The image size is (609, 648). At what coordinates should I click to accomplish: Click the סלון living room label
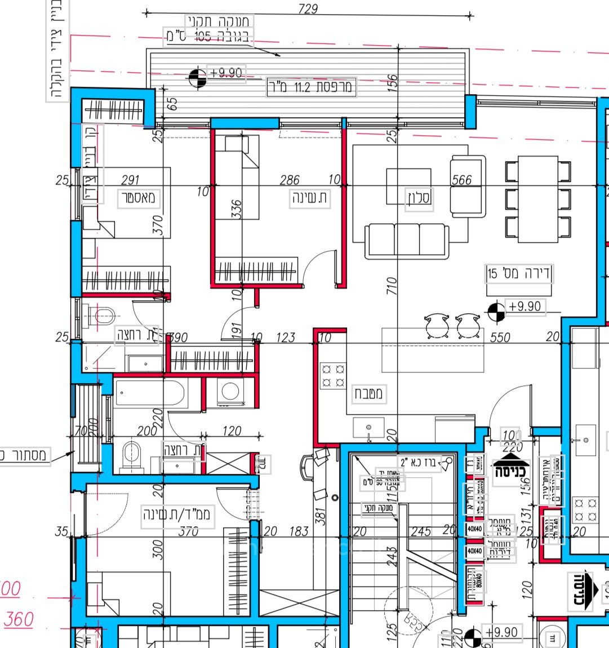pos(419,198)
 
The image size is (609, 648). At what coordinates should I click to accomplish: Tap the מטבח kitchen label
pos(367,393)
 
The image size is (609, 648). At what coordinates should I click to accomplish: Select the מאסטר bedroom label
pos(138,198)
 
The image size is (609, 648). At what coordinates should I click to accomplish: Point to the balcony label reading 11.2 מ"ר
pos(311,87)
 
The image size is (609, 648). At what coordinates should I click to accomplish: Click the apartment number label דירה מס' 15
pos(519,274)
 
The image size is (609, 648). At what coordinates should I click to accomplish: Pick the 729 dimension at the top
pos(307,9)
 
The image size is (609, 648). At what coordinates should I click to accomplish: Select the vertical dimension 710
pos(393,286)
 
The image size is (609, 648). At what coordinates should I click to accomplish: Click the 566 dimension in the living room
pos(461,180)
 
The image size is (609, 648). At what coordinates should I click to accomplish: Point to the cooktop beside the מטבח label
pos(332,376)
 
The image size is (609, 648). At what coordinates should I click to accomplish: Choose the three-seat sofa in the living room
pos(407,241)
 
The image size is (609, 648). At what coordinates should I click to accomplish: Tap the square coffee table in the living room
pos(408,186)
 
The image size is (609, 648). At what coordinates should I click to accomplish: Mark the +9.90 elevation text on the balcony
pos(226,73)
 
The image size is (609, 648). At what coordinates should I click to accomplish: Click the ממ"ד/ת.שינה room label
pos(177,515)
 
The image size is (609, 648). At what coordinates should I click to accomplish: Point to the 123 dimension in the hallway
pos(286,338)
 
